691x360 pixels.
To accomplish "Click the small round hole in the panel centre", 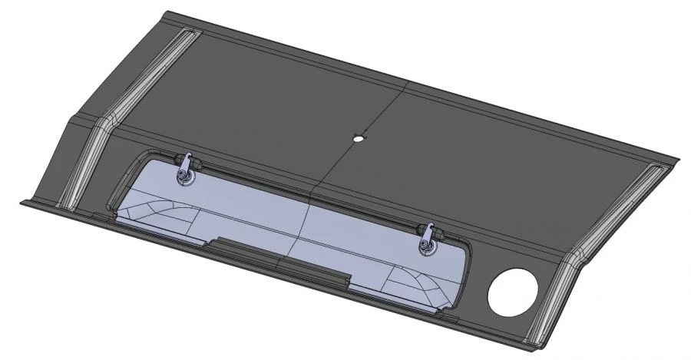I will pos(357,139).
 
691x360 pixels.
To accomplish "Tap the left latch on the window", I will pos(185,171).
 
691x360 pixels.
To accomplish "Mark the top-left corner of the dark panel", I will pos(170,12).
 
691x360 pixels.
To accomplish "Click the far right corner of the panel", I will pos(678,160).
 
